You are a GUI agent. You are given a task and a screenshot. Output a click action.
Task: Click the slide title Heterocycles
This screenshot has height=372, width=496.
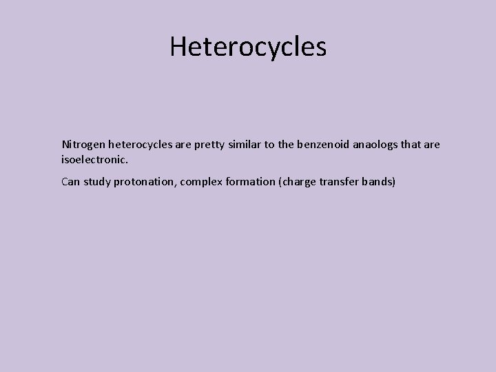(x=248, y=47)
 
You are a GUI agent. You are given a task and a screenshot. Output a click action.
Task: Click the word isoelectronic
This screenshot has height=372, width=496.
(x=94, y=159)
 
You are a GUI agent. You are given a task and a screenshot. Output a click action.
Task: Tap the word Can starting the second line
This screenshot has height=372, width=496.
(x=71, y=183)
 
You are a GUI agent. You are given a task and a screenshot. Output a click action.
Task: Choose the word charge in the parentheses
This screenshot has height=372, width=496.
(x=298, y=183)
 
